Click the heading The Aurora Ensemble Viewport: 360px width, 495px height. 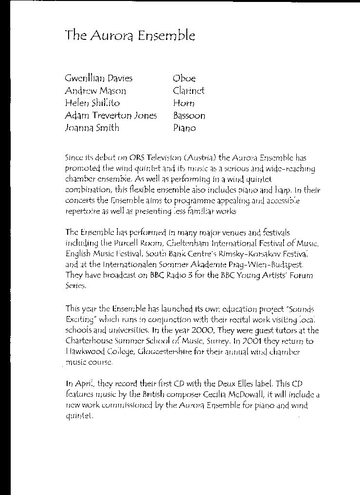pyautogui.click(x=130, y=35)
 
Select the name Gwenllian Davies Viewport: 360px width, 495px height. pyautogui.click(x=98, y=78)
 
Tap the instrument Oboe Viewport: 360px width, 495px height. pyautogui.click(x=184, y=78)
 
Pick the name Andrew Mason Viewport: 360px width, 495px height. pyautogui.click(x=95, y=91)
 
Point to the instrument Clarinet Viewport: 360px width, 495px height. pyautogui.click(x=189, y=91)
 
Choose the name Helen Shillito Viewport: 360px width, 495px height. pyautogui.click(x=92, y=103)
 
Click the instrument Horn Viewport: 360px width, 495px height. pyautogui.click(x=183, y=103)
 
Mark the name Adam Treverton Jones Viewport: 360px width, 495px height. pyautogui.click(x=111, y=116)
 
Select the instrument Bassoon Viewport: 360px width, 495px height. pyautogui.click(x=189, y=116)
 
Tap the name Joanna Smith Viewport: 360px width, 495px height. pyautogui.click(x=92, y=128)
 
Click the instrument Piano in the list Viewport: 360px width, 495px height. pyautogui.click(x=184, y=128)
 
